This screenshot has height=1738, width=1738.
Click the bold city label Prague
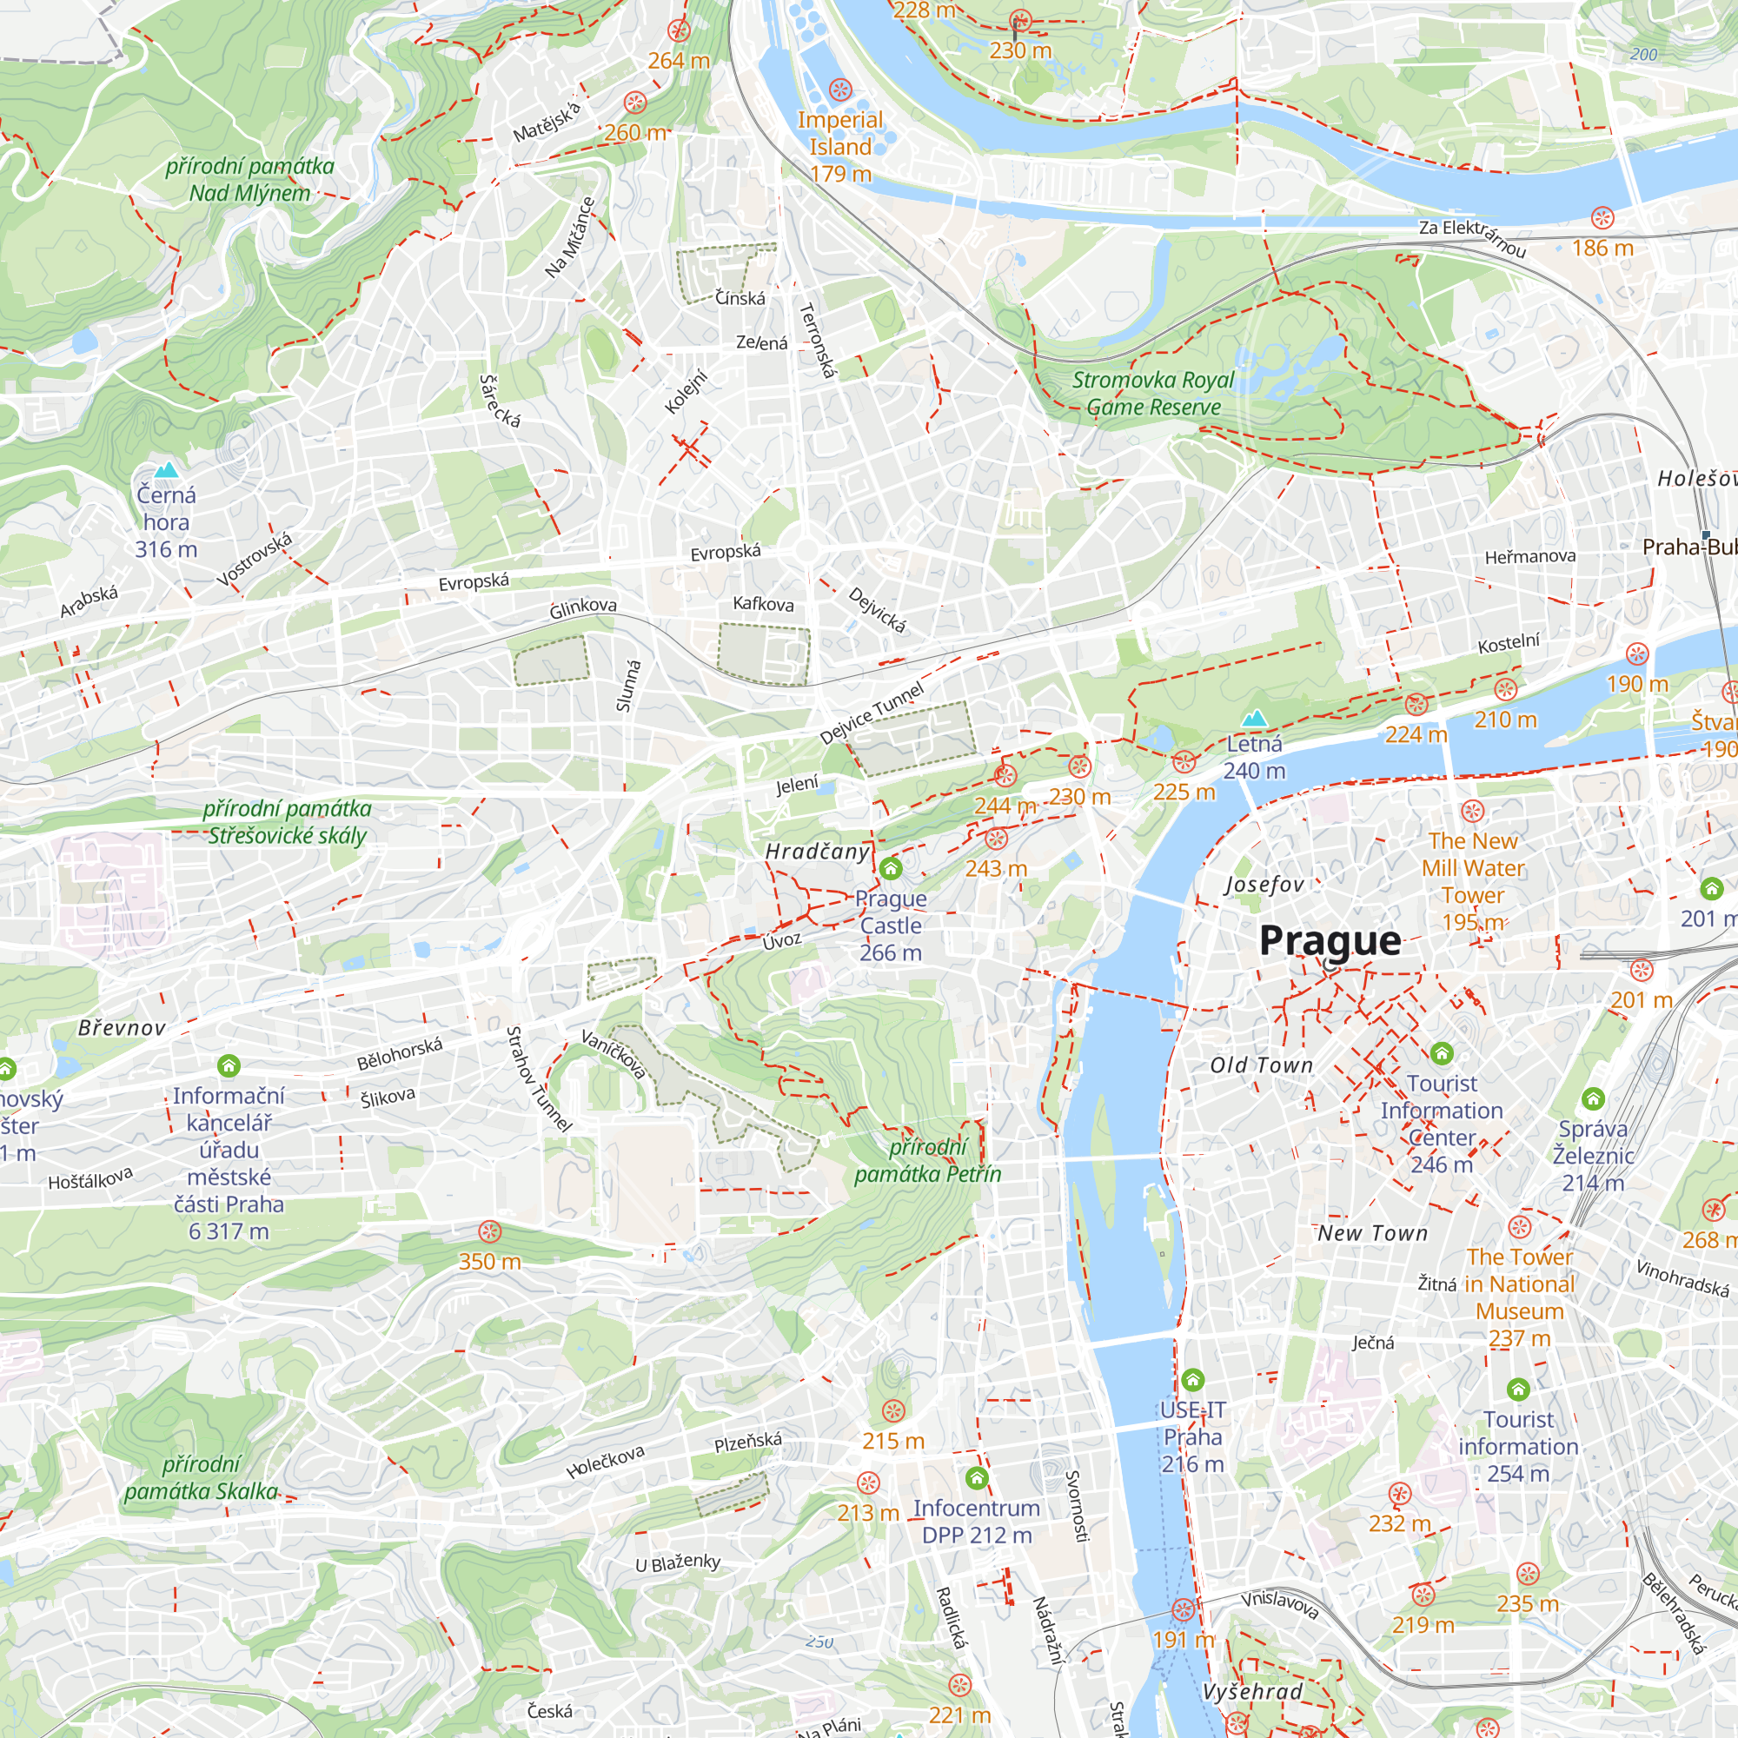1330,941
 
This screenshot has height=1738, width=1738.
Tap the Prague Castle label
891,925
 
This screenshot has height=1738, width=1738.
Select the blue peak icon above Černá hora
167,469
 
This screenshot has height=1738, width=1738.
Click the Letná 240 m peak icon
1254,719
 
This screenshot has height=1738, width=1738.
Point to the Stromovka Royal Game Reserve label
1152,393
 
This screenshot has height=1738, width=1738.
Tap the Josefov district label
1264,885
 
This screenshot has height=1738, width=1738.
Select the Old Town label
1261,1065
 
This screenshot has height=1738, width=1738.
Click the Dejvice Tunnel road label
871,713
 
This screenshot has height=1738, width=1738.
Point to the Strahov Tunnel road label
538,1078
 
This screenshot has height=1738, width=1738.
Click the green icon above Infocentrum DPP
976,1478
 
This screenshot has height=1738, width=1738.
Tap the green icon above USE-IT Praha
1192,1379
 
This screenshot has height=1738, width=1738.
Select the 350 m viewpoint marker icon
489,1231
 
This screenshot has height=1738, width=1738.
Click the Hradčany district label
817,851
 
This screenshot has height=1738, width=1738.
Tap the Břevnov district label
122,1027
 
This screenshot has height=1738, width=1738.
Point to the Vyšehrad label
1252,1691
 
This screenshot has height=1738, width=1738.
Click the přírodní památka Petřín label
926,1159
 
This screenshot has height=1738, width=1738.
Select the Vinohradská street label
1682,1278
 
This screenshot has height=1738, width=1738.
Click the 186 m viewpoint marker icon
1602,218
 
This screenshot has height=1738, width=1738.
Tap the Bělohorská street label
400,1053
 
